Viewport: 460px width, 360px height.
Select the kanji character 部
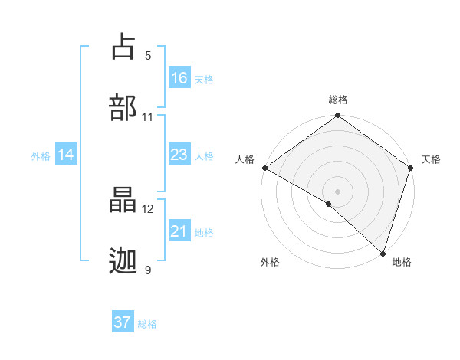pos(124,107)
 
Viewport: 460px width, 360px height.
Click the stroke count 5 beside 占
pos(148,56)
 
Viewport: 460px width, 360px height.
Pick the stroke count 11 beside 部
pos(148,117)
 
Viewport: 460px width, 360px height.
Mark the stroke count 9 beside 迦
pos(148,270)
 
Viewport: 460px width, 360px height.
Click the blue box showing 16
pos(179,78)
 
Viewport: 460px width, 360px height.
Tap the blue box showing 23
pos(179,155)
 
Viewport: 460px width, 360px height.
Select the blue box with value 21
pos(179,231)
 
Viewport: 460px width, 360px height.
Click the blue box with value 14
pos(66,155)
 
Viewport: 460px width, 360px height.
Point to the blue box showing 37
pos(123,322)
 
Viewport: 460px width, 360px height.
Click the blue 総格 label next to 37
pos(148,324)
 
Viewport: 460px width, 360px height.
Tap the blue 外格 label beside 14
pos(41,156)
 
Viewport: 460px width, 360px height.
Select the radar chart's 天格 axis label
pos(432,159)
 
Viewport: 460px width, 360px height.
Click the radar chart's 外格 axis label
pos(270,263)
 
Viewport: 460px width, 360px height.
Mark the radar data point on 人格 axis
pos(264,168)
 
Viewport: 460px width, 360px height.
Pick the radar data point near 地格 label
pos(382,254)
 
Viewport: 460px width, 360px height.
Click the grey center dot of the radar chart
pos(337,191)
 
